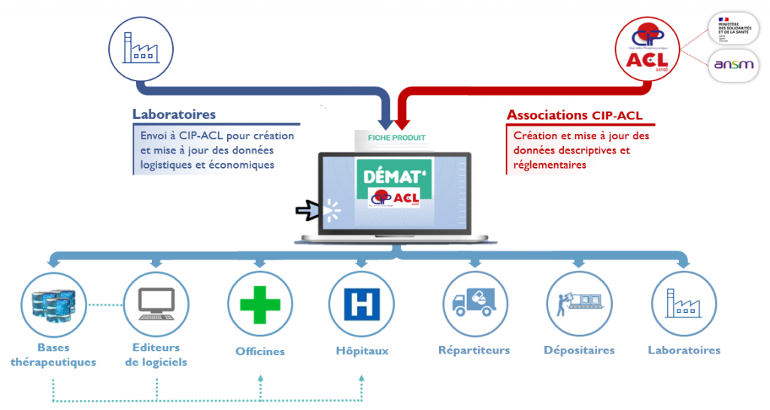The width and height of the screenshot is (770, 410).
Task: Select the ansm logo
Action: click(732, 65)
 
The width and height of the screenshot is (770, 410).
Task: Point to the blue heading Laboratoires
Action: click(174, 114)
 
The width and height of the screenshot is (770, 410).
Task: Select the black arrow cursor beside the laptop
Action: click(308, 211)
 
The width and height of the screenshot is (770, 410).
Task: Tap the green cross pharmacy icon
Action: click(259, 304)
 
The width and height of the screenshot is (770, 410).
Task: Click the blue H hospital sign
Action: click(362, 304)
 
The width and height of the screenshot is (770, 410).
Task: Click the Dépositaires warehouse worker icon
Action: click(579, 304)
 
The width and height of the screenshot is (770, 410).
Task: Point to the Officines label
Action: click(260, 351)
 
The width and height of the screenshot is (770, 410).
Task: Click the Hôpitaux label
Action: click(362, 351)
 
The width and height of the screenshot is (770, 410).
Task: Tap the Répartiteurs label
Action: click(474, 350)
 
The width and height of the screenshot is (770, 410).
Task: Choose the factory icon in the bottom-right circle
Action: click(684, 304)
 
